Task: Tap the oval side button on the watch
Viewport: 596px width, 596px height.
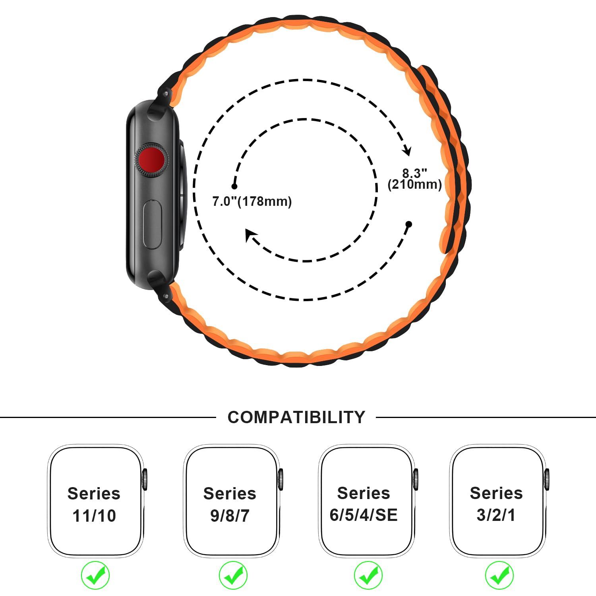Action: [152, 225]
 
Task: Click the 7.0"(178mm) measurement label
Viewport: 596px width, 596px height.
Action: [252, 201]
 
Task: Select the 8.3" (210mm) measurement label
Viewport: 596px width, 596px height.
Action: [415, 179]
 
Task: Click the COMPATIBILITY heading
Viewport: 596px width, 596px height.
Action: [296, 417]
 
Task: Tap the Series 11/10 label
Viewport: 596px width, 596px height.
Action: [94, 505]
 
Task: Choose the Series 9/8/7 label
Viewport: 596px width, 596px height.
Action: [230, 505]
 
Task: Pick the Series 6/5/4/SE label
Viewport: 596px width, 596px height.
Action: [364, 504]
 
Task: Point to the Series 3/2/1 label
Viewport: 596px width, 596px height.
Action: [496, 504]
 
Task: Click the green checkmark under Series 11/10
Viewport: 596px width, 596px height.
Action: [95, 575]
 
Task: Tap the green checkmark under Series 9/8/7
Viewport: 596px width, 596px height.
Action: [233, 575]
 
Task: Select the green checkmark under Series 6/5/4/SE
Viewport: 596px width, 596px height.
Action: [368, 575]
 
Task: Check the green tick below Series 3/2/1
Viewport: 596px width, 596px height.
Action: [499, 575]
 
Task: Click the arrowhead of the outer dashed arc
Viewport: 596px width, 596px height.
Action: [407, 151]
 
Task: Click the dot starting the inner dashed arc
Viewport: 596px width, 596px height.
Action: [234, 186]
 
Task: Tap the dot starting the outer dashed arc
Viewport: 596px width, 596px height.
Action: [409, 224]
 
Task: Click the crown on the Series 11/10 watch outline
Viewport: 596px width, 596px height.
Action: [145, 479]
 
